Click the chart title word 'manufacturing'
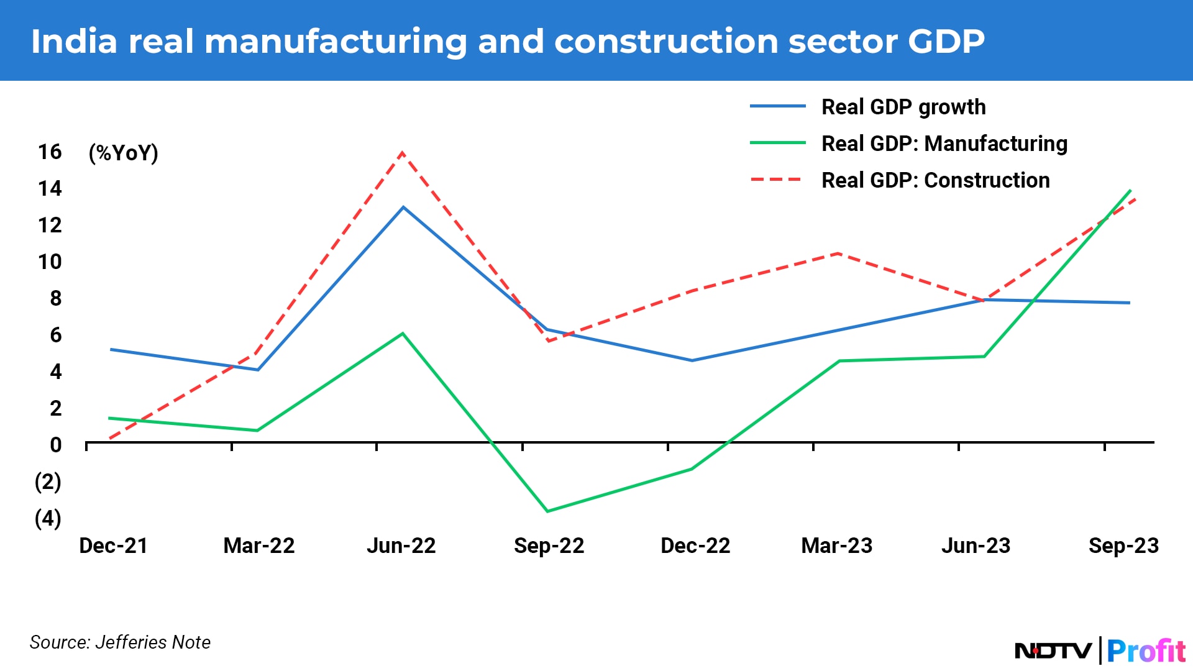(x=335, y=42)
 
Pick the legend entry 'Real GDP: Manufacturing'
(x=944, y=144)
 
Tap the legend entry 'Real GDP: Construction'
(x=935, y=180)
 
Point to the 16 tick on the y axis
(x=50, y=152)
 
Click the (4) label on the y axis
(x=48, y=518)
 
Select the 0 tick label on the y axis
(x=55, y=445)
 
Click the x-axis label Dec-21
(x=113, y=545)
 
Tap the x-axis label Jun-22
(x=401, y=545)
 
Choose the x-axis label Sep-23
(x=1123, y=545)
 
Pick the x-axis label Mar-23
(x=836, y=545)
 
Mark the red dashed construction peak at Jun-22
(x=403, y=153)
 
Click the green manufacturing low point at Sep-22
(x=547, y=511)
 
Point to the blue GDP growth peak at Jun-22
(x=403, y=207)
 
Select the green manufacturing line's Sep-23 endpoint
(x=1130, y=191)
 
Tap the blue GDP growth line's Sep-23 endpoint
(x=1129, y=303)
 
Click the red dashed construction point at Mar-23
(x=838, y=253)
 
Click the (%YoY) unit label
(x=124, y=153)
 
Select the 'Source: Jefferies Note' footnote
(x=120, y=642)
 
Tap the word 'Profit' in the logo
(x=1146, y=651)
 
